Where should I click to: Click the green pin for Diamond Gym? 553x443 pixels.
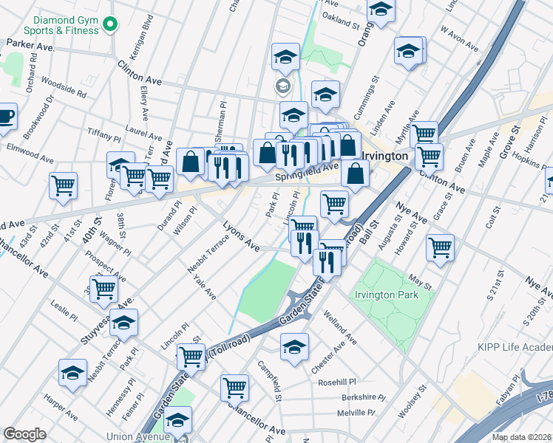(112, 25)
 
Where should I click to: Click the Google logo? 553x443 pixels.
(24, 434)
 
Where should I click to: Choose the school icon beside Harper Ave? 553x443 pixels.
(73, 374)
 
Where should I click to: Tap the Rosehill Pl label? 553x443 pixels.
(337, 382)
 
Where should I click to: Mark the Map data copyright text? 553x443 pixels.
(521, 437)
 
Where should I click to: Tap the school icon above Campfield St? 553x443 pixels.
(294, 346)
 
